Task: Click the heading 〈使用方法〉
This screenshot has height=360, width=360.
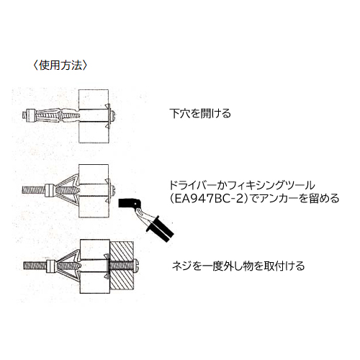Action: coord(60,66)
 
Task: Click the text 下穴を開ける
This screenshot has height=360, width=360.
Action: coord(200,114)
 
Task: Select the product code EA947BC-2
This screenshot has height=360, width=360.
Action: coord(209,199)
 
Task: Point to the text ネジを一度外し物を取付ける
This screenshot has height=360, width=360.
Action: coord(238,266)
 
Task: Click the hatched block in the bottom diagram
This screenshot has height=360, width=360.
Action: coord(122,265)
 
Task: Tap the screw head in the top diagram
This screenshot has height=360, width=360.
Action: coord(113,116)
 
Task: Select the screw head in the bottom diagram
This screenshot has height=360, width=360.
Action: coord(136,266)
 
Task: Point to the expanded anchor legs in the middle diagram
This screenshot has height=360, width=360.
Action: coord(68,189)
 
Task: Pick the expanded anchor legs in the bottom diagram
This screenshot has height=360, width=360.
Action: coord(69,265)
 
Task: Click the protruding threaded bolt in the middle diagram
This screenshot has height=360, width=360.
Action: coord(33,190)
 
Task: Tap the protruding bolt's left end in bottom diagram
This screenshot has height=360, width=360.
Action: coord(24,266)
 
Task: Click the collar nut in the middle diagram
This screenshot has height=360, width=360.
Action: coord(50,190)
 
